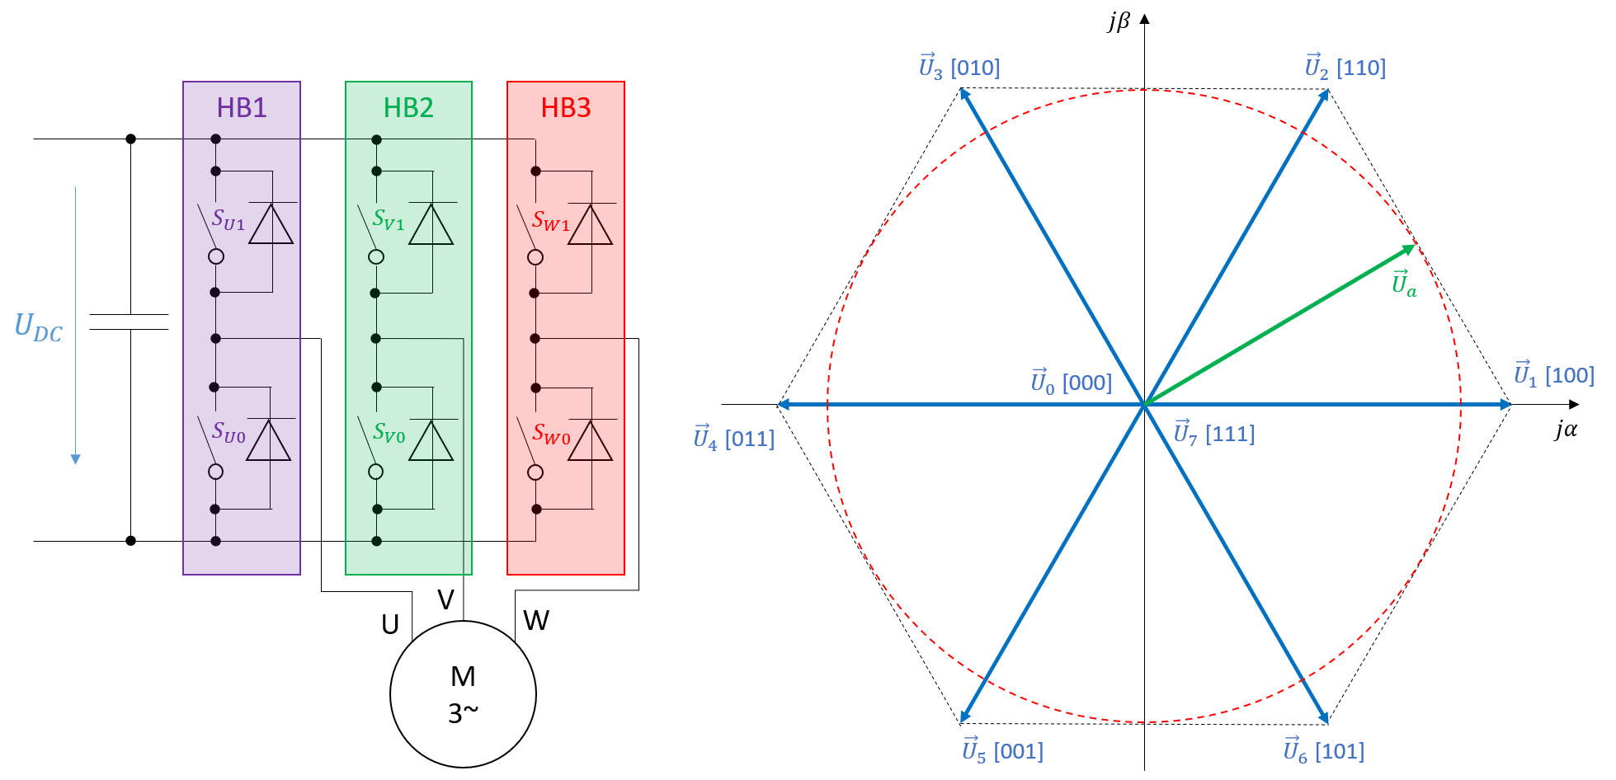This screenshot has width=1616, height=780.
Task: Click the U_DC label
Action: click(x=39, y=327)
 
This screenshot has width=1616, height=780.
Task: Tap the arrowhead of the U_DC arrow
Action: click(x=76, y=459)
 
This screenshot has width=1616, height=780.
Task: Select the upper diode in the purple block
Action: click(x=271, y=224)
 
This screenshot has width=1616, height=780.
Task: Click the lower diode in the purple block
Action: click(x=269, y=440)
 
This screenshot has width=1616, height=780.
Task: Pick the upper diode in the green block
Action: click(x=431, y=224)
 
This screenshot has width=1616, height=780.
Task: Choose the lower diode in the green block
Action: click(x=431, y=440)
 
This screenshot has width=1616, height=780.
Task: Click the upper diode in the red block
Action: click(x=591, y=224)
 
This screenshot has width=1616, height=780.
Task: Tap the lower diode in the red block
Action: click(x=591, y=440)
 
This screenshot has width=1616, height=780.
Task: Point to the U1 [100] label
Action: click(x=1553, y=374)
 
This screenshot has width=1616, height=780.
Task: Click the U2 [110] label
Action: click(x=1345, y=67)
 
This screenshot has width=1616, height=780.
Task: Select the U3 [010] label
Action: click(x=959, y=67)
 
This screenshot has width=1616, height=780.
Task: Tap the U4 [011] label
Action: click(x=733, y=437)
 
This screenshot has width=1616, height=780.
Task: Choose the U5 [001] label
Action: click(x=1002, y=749)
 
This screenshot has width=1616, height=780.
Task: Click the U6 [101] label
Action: click(x=1323, y=749)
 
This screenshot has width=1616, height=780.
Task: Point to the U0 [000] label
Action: click(x=1071, y=382)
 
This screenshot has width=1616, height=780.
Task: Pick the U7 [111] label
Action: click(x=1213, y=433)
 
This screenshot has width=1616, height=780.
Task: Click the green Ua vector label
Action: click(x=1404, y=284)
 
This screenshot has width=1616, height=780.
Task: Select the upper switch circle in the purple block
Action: click(x=216, y=256)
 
